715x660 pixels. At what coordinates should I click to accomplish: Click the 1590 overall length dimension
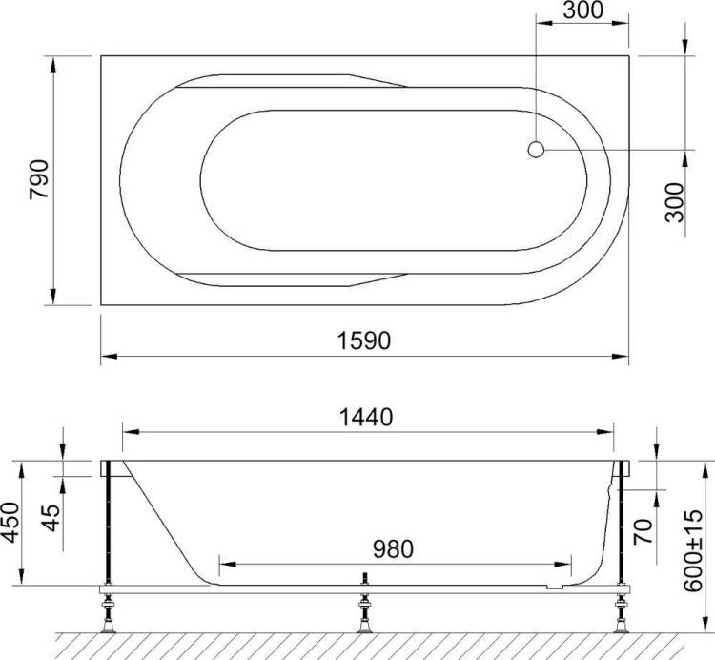tap(364, 340)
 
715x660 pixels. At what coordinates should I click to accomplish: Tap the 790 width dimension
tap(38, 179)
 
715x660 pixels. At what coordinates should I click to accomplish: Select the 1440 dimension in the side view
tap(366, 418)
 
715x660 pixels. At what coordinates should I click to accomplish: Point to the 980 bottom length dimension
tap(393, 549)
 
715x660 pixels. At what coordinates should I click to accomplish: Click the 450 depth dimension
tap(10, 523)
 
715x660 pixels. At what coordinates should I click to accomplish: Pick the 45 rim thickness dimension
tap(51, 518)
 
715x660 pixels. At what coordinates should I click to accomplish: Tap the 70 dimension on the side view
tap(643, 531)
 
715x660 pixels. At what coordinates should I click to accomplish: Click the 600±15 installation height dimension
tap(694, 550)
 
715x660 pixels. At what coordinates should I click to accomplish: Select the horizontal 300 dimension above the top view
tap(583, 10)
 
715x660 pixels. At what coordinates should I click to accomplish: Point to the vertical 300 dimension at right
tap(675, 202)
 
